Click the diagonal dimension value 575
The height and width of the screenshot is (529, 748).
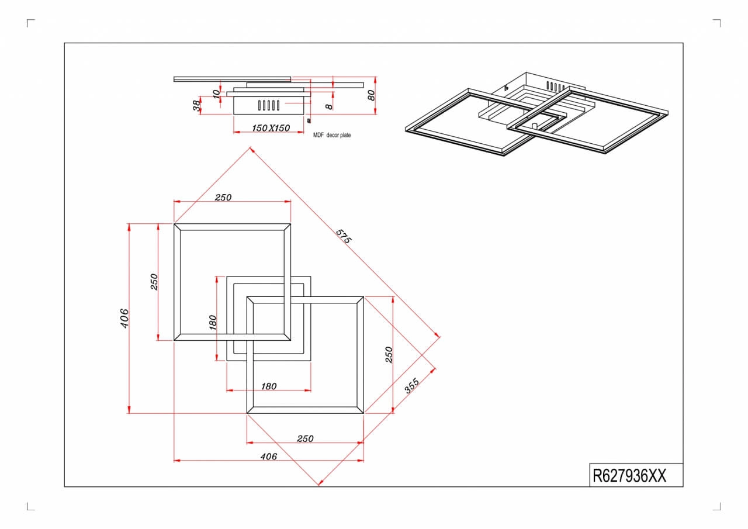344,236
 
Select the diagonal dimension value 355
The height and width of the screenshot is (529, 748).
412,386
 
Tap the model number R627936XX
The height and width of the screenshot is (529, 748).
629,476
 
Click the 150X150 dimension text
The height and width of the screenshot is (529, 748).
271,128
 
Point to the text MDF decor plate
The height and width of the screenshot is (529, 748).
332,135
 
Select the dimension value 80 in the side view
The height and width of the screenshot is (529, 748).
371,95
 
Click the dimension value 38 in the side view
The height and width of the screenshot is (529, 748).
197,106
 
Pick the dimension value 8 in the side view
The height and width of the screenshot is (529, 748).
329,106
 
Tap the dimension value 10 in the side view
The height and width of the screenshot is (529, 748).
216,94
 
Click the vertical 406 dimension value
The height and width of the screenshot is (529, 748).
124,318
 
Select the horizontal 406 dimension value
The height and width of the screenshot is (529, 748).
269,457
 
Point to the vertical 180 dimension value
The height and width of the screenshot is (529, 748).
212,322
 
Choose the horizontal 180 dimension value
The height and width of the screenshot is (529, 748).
269,386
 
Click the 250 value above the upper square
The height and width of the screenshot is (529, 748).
223,198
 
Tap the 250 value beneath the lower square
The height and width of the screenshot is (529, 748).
305,438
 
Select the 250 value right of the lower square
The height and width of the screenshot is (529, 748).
389,355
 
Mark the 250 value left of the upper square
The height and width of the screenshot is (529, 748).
154,282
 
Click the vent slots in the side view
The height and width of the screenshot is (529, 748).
269,105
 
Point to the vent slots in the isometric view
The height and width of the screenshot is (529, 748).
555,87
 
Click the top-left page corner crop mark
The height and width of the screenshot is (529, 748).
27,20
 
